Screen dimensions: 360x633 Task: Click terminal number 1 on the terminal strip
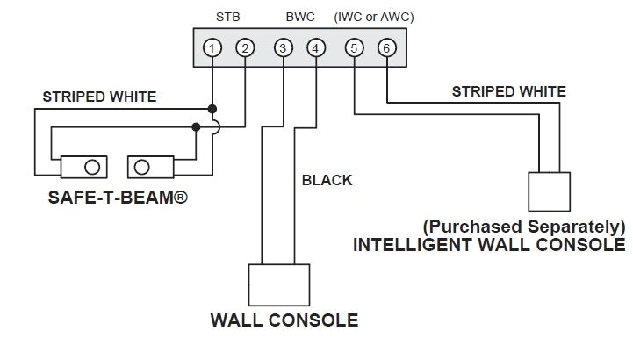coord(212,48)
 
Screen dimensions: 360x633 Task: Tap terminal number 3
coord(283,48)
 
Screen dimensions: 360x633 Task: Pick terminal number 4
coord(315,48)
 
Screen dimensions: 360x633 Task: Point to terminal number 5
coord(353,48)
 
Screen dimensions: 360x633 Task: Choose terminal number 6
coord(385,48)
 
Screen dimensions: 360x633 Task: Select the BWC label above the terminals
coord(300,16)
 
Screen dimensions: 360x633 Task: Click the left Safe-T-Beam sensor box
coord(83,167)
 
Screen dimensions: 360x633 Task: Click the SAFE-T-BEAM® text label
coord(119,199)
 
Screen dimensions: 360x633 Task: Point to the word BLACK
coord(327,180)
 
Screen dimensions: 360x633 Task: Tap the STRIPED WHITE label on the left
coord(100,97)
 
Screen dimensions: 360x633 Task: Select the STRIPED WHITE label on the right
coord(508,91)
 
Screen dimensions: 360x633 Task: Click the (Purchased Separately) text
coord(524,226)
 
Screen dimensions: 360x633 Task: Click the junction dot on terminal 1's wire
coord(212,110)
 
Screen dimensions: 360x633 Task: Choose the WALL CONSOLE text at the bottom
coord(284,320)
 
